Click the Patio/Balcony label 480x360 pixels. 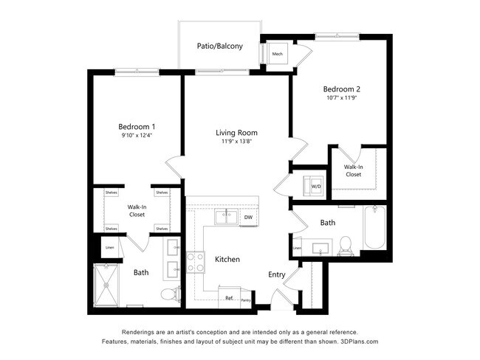(219, 46)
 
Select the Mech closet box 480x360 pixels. (278, 55)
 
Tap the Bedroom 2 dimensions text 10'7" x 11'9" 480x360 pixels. (343, 97)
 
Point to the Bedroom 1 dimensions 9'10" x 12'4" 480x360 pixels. (137, 135)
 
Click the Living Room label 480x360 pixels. (236, 133)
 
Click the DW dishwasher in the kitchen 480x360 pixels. (249, 217)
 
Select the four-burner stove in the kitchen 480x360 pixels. (196, 263)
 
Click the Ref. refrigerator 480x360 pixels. (230, 297)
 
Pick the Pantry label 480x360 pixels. (246, 300)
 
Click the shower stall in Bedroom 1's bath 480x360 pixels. (109, 284)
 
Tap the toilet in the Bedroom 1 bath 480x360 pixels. (169, 294)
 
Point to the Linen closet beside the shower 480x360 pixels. (110, 247)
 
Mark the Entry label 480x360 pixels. (276, 274)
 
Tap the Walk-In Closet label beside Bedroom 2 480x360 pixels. (353, 170)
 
